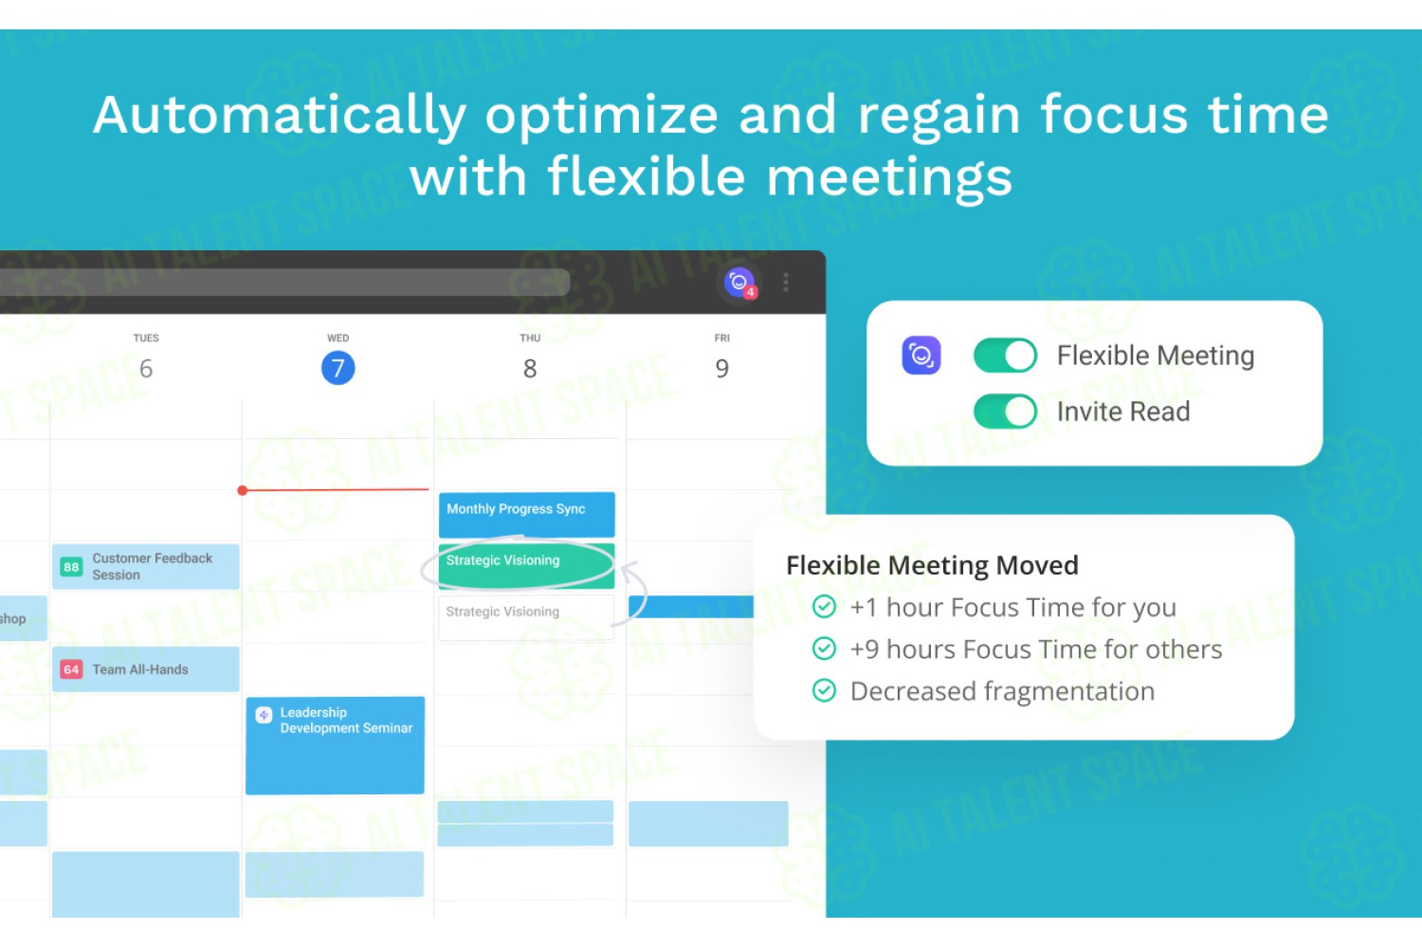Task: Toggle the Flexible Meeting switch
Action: click(x=1005, y=355)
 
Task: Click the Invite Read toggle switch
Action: click(x=1005, y=410)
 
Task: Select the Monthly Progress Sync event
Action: click(x=526, y=515)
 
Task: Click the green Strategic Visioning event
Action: click(x=526, y=565)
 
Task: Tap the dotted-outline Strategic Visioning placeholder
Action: click(x=526, y=617)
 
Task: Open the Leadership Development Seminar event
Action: click(x=336, y=745)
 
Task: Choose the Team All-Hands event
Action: click(x=145, y=668)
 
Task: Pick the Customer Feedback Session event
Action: click(x=145, y=566)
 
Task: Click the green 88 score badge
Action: click(x=71, y=566)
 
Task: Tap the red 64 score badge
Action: click(x=71, y=669)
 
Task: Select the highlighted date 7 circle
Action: click(x=337, y=368)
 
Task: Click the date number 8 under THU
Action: click(x=530, y=368)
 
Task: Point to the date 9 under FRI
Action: click(x=721, y=368)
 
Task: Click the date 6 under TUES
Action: click(x=146, y=368)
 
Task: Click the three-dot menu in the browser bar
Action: click(x=786, y=282)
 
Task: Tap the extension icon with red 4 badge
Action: click(x=739, y=283)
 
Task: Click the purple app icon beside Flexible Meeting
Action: click(x=921, y=355)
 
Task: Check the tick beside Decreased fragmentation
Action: click(x=824, y=690)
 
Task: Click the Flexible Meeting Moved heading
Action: click(x=932, y=565)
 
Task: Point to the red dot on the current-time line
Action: click(x=243, y=490)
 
